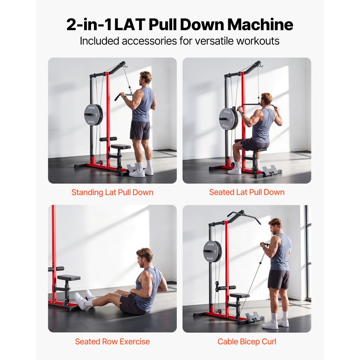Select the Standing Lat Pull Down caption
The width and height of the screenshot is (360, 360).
112,192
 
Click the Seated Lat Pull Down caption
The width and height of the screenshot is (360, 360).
247,192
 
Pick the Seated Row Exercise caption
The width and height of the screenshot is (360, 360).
112,341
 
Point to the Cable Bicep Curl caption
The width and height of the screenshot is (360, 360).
247,341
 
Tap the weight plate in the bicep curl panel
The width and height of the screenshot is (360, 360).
212,251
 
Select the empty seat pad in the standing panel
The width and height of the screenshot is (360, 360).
121,147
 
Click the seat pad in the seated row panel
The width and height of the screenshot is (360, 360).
69,278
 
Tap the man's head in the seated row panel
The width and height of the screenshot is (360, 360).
145,256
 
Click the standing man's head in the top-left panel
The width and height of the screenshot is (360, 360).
146,78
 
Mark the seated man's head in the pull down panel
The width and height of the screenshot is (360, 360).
266,99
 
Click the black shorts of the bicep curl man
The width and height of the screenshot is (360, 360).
279,279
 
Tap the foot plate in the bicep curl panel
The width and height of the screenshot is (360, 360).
254,316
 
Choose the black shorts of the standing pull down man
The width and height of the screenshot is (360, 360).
140,130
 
